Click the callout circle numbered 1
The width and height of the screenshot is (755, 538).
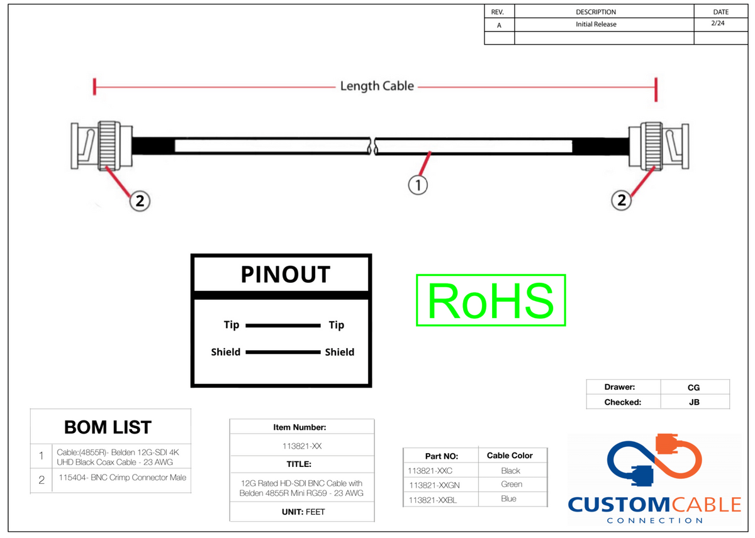[x=418, y=185]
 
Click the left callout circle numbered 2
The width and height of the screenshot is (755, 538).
[x=140, y=201]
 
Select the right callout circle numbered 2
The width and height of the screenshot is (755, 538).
[x=621, y=200]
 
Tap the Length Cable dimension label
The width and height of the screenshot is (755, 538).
[x=377, y=86]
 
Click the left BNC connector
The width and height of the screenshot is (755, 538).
[x=101, y=146]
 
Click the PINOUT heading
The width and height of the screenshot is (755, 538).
[x=285, y=275]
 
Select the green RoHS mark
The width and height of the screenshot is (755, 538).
[x=491, y=300]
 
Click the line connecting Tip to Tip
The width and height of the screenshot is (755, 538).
[x=283, y=326]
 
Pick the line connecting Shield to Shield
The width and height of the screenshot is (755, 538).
[x=283, y=352]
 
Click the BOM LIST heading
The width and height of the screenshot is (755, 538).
[x=108, y=427]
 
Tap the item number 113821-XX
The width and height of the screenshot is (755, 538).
[x=302, y=446]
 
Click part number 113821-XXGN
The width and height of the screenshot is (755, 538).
[x=434, y=485]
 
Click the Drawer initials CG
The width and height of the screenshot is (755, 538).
[x=693, y=388]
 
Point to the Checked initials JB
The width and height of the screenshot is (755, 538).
[x=694, y=402]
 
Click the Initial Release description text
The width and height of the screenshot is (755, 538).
[x=596, y=25]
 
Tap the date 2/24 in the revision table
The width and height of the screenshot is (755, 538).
[x=718, y=23]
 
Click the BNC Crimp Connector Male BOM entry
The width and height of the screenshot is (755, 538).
[x=122, y=478]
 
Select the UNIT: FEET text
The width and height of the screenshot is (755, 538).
[x=303, y=512]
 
